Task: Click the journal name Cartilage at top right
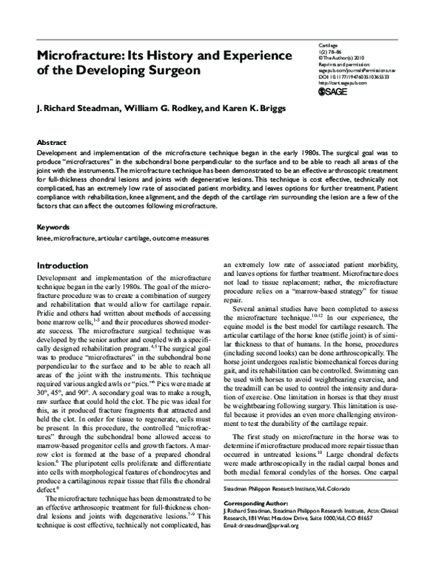(x=328, y=44)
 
